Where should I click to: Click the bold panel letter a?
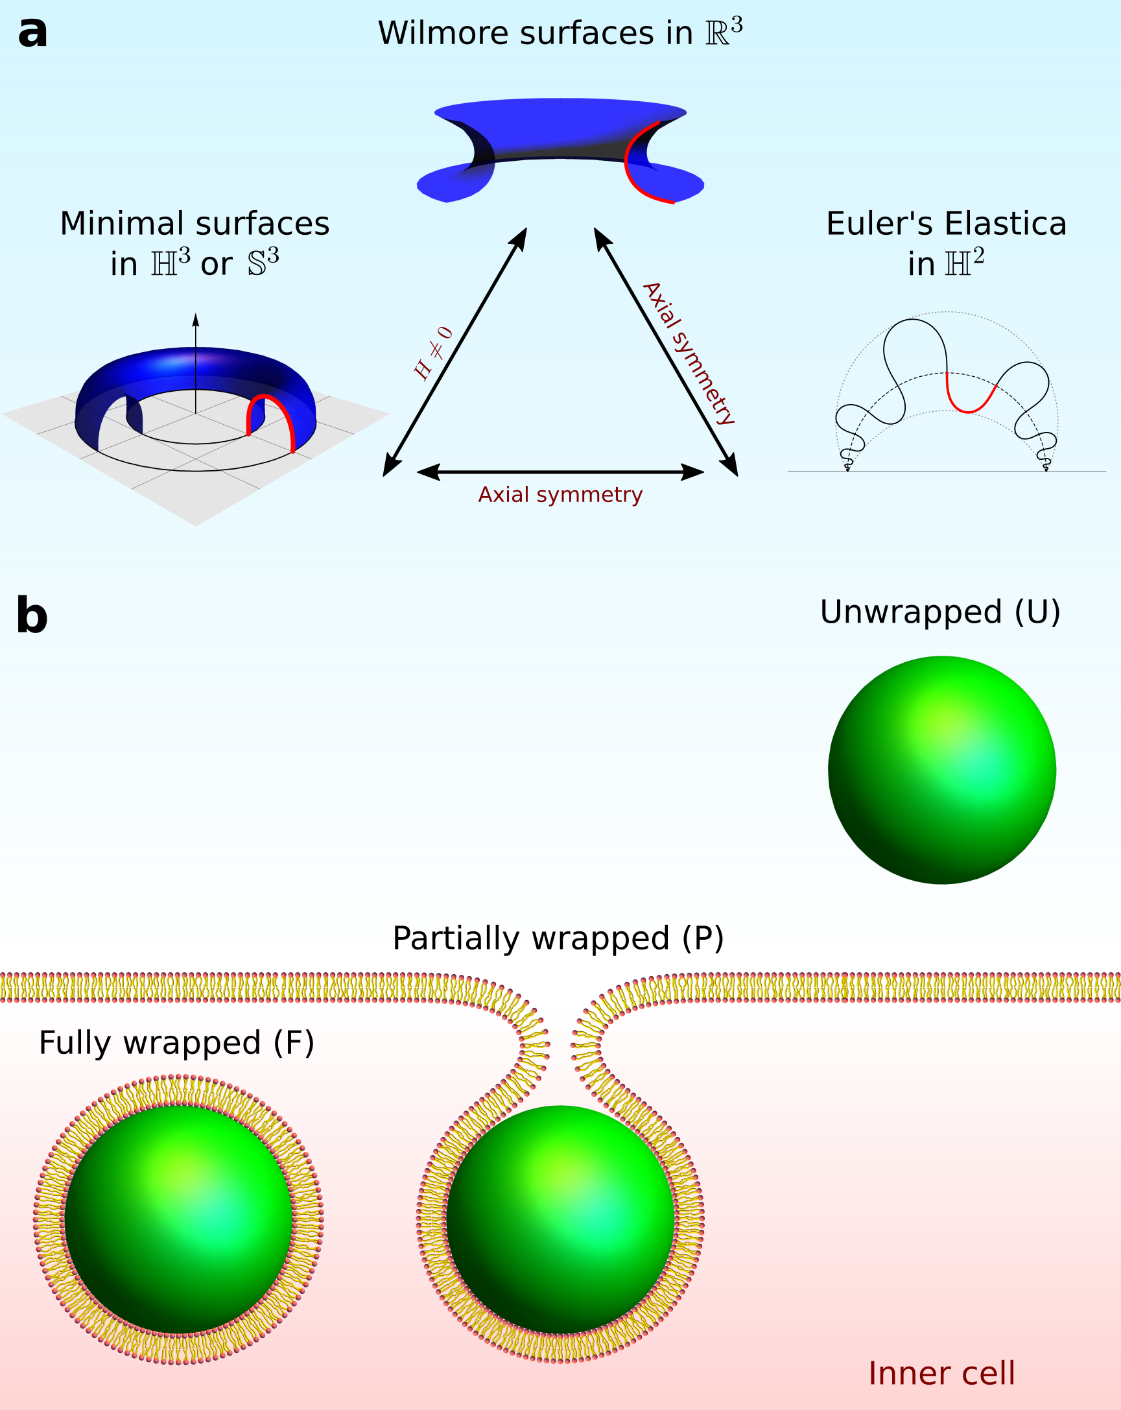(x=32, y=32)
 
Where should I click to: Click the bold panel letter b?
(x=32, y=615)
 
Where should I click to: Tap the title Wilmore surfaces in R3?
(x=560, y=32)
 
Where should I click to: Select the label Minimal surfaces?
(x=194, y=224)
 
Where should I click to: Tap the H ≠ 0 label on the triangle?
(x=432, y=353)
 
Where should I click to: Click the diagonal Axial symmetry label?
(x=690, y=353)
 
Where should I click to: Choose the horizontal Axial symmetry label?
(x=560, y=495)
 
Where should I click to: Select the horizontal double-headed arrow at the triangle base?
(x=560, y=472)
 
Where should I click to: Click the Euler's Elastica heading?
(x=946, y=224)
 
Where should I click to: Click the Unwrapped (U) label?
(x=939, y=612)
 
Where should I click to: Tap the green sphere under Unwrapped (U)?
(x=942, y=770)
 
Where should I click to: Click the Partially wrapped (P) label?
(x=558, y=938)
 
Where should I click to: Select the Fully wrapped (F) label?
(x=176, y=1042)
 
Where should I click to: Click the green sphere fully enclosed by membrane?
(x=178, y=1219)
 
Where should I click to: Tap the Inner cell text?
(x=941, y=1374)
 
